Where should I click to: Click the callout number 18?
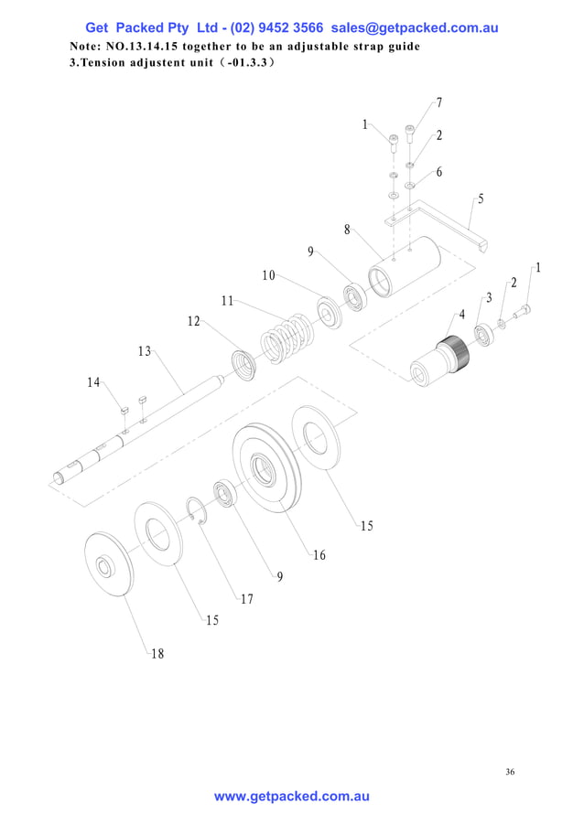tap(157, 653)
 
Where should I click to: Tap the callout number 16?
tap(319, 555)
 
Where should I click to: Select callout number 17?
tap(246, 599)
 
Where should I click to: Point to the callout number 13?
tap(145, 351)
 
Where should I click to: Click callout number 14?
tap(93, 382)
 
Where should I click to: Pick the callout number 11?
tap(227, 300)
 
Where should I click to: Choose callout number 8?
tap(347, 230)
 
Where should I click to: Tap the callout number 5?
tap(481, 198)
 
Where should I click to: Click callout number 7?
tap(439, 102)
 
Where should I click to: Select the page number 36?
tap(510, 772)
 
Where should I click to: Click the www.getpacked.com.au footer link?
tap(292, 797)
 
